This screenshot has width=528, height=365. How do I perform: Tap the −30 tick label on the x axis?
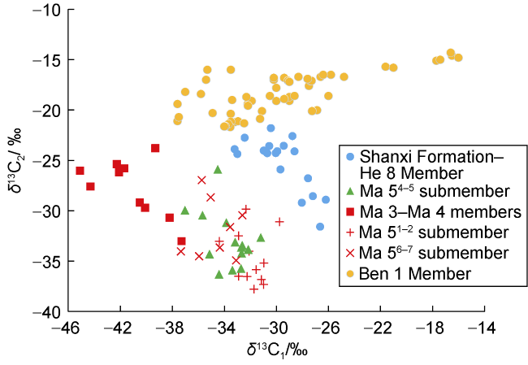(x=275, y=328)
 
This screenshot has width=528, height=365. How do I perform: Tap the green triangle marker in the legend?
(x=349, y=192)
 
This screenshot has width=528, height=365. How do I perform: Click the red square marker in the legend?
(x=349, y=212)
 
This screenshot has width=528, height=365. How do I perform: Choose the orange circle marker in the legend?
(x=349, y=273)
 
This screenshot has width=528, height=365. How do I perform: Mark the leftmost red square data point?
(x=80, y=171)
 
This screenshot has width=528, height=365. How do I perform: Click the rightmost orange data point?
(x=458, y=58)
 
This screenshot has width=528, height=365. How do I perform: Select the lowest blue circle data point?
(x=320, y=227)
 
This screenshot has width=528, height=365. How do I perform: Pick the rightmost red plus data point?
(x=279, y=221)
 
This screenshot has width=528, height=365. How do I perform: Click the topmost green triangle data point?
(x=218, y=169)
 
